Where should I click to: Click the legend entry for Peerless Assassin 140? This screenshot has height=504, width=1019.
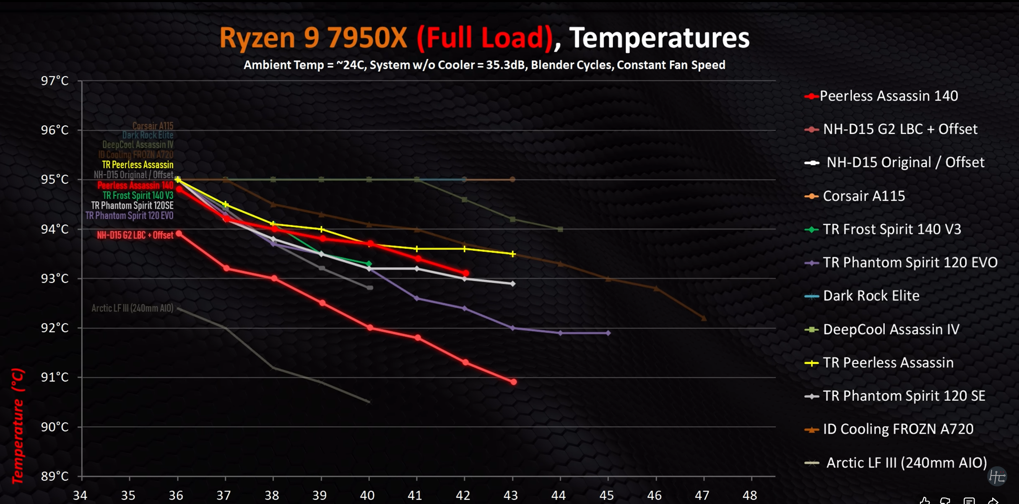pyautogui.click(x=888, y=96)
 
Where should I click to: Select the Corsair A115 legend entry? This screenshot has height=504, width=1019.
pyautogui.click(x=863, y=196)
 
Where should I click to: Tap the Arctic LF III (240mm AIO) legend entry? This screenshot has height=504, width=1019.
pyautogui.click(x=906, y=463)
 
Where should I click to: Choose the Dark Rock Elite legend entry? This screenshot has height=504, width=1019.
pyautogui.click(x=871, y=296)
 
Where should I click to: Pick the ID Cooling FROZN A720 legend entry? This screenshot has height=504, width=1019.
pyautogui.click(x=897, y=429)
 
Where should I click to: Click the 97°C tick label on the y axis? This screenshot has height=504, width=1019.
pyautogui.click(x=55, y=81)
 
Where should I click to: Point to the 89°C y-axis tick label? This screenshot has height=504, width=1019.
pyautogui.click(x=55, y=476)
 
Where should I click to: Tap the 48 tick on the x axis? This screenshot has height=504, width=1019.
pyautogui.click(x=750, y=496)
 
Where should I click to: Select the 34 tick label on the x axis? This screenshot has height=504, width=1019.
pyautogui.click(x=80, y=496)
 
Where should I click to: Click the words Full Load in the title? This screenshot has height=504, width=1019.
pyautogui.click(x=485, y=38)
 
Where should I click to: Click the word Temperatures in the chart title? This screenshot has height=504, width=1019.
pyautogui.click(x=659, y=38)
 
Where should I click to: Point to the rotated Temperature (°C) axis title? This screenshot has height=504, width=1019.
pyautogui.click(x=17, y=426)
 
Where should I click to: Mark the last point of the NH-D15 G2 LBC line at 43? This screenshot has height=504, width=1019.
pyautogui.click(x=514, y=382)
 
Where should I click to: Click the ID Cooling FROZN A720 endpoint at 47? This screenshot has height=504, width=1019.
pyautogui.click(x=704, y=319)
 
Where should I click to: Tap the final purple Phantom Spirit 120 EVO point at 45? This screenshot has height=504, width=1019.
pyautogui.click(x=608, y=333)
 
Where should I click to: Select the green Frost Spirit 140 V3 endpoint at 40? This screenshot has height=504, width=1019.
pyautogui.click(x=369, y=264)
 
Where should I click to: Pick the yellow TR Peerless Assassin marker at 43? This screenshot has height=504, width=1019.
pyautogui.click(x=512, y=254)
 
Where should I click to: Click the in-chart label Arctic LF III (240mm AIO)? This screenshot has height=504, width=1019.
pyautogui.click(x=132, y=308)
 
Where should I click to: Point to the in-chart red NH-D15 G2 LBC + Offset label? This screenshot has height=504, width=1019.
pyautogui.click(x=135, y=235)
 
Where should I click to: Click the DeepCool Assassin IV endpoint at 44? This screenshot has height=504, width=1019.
pyautogui.click(x=561, y=230)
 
